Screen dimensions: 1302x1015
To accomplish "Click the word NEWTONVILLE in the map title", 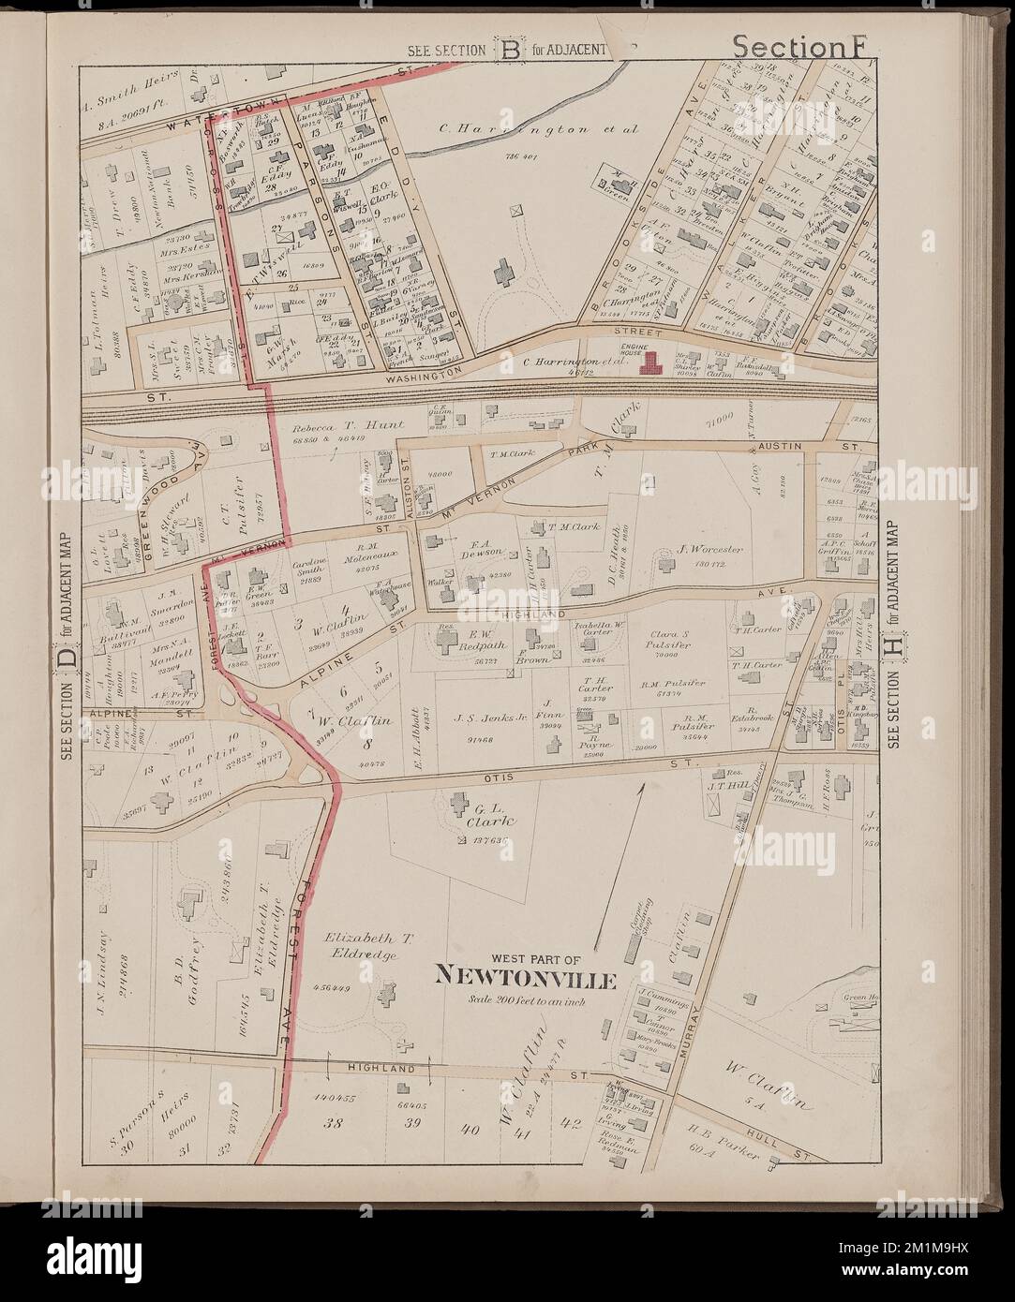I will pyautogui.click(x=525, y=980).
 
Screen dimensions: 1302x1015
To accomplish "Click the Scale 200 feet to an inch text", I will pyautogui.click(x=523, y=1000).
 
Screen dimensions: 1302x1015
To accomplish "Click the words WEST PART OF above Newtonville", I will pyautogui.click(x=523, y=958).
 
